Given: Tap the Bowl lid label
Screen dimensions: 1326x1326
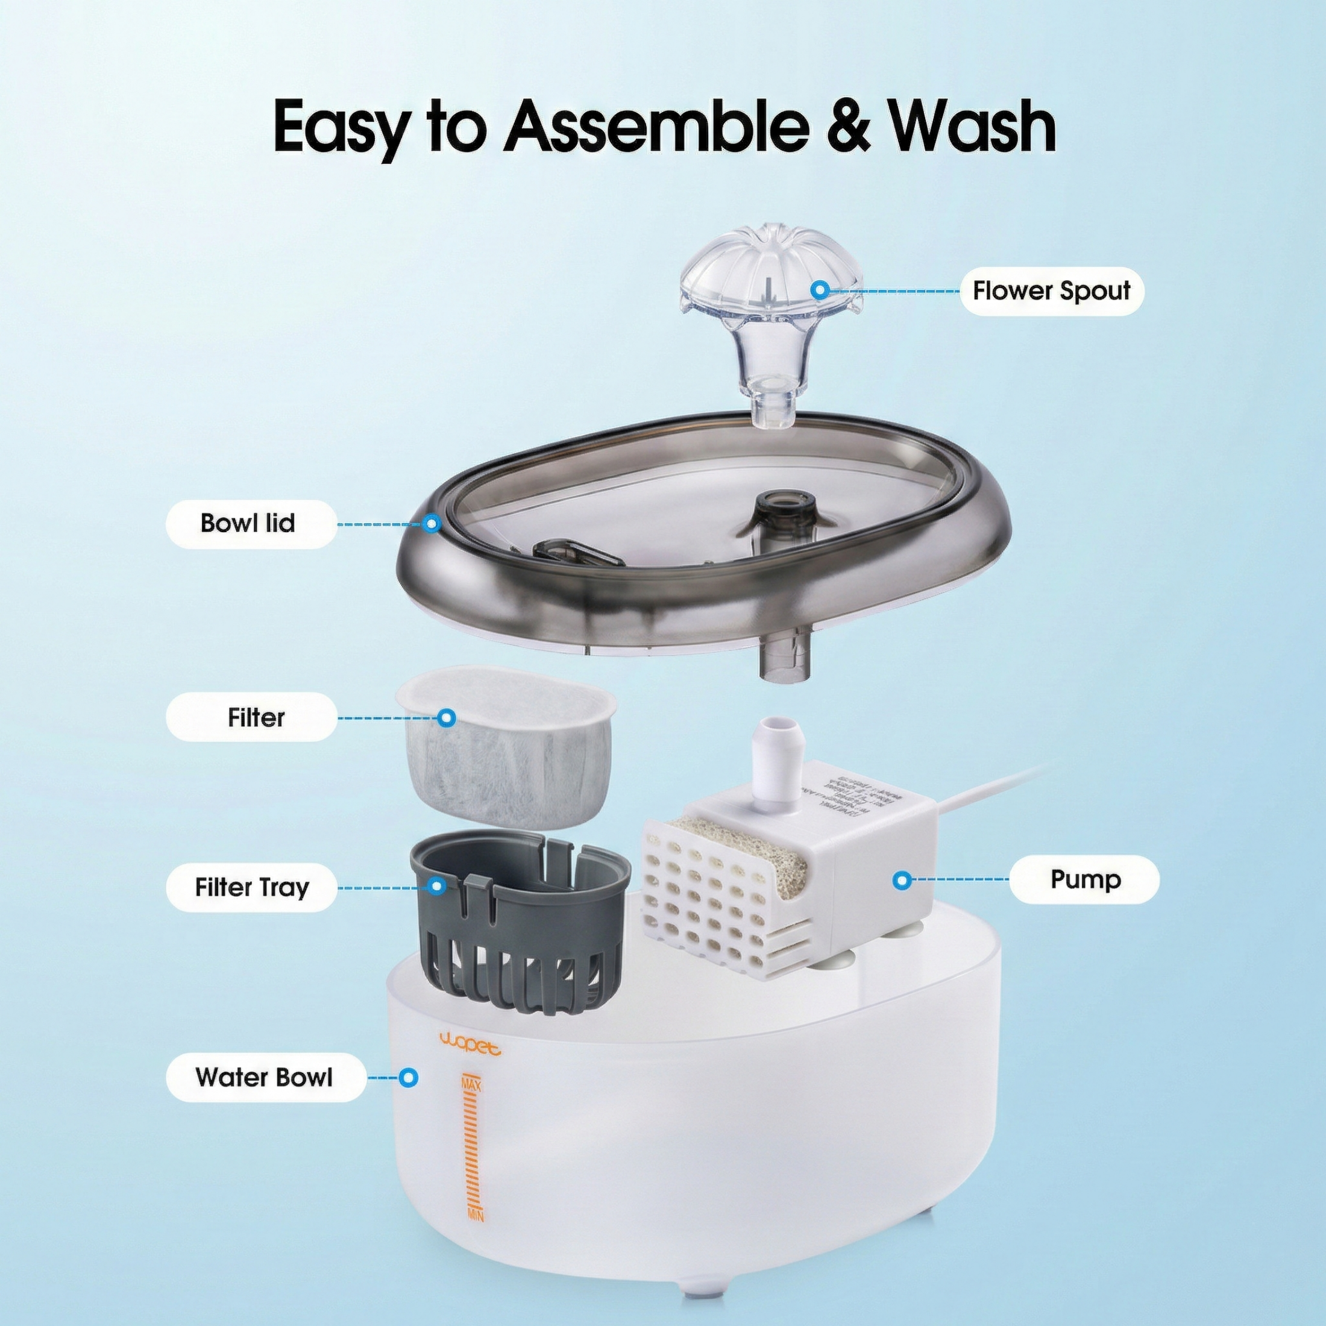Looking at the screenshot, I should (248, 524).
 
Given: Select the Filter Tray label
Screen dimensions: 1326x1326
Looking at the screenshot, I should (251, 887).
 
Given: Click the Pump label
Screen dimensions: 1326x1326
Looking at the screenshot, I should (1084, 879).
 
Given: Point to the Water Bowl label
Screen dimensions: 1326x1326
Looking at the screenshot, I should (264, 1077).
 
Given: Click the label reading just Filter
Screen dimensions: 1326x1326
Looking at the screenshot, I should (256, 718).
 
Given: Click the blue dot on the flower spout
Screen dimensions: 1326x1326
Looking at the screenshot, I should (818, 291).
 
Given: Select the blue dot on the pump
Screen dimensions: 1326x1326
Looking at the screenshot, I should (903, 879).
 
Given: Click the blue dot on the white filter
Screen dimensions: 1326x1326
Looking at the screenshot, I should (447, 718).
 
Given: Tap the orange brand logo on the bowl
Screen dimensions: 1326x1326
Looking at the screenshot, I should (470, 1050).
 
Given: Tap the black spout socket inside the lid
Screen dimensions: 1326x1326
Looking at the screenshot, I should (782, 515).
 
